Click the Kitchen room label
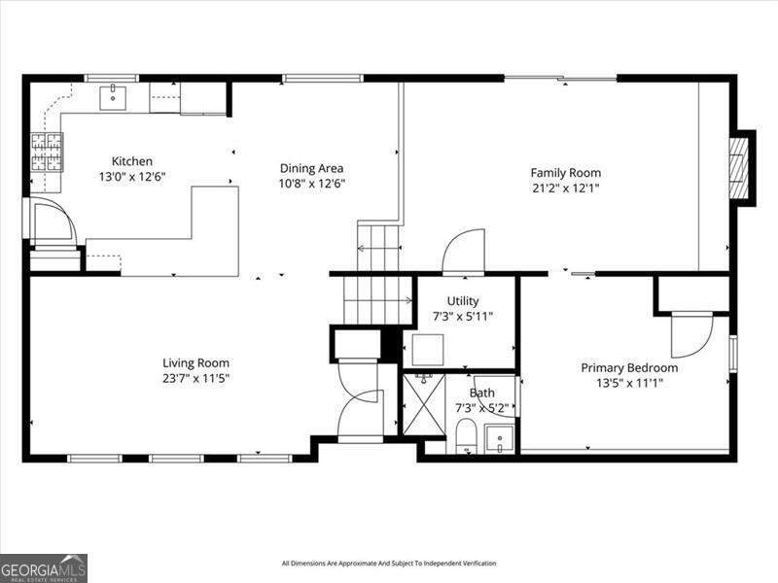(x=131, y=161)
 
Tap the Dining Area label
(x=311, y=168)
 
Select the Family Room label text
(x=565, y=173)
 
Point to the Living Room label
(x=195, y=363)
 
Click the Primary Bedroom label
(x=629, y=368)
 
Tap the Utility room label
(x=463, y=301)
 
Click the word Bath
(x=481, y=393)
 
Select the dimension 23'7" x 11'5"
(x=195, y=378)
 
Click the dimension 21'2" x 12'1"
(x=565, y=188)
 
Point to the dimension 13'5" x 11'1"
(x=629, y=383)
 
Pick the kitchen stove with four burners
(x=45, y=151)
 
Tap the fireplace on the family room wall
(x=740, y=166)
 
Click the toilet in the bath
(x=467, y=436)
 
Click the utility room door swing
(x=463, y=252)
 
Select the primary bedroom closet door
(x=691, y=334)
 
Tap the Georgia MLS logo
(x=44, y=567)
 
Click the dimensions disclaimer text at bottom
(x=389, y=564)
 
